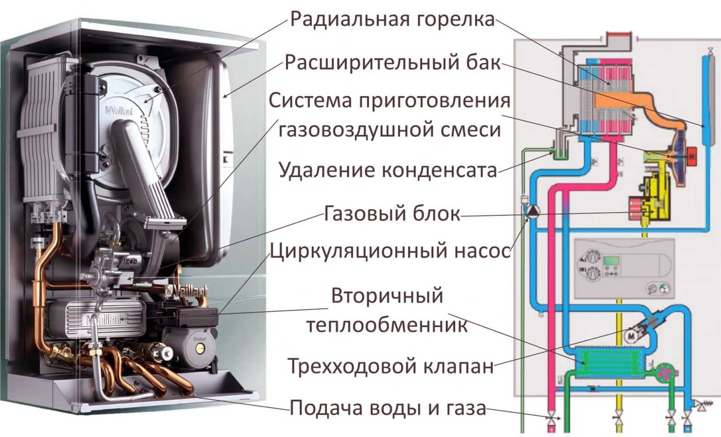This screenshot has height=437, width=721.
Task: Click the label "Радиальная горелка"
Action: click(x=392, y=19)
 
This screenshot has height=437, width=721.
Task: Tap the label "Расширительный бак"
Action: click(x=393, y=63)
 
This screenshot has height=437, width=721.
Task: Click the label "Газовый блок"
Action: click(x=392, y=213)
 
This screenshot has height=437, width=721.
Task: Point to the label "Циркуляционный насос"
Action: click(x=390, y=251)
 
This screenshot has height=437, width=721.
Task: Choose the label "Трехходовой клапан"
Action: click(x=391, y=366)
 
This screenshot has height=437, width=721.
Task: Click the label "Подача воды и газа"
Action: click(x=388, y=408)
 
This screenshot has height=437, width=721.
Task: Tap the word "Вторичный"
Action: click(x=387, y=296)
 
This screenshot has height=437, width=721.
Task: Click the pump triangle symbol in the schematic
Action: click(x=532, y=211)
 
